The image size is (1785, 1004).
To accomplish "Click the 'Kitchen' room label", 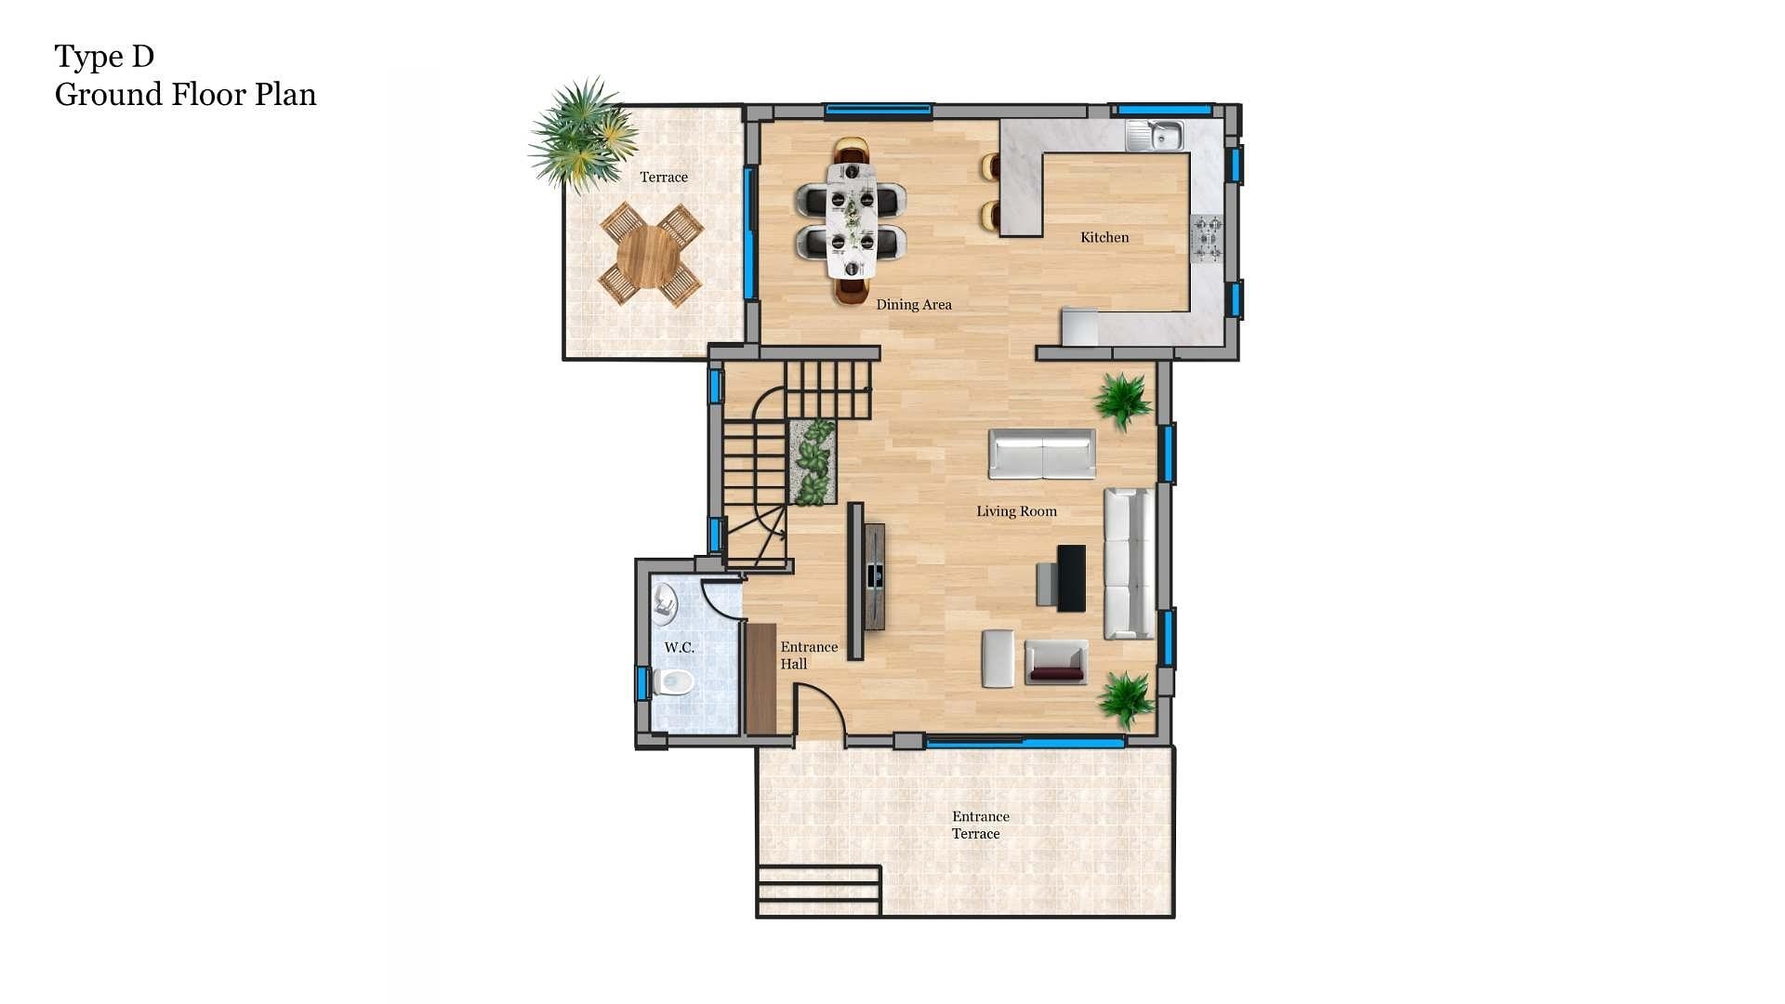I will click(1104, 238).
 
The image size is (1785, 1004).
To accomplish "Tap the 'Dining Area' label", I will click(913, 305).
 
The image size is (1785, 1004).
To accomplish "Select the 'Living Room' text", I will click(1016, 511).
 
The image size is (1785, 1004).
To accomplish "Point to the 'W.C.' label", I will click(679, 648).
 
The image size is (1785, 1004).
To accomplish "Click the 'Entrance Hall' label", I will click(808, 655).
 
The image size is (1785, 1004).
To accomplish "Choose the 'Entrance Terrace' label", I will click(980, 826).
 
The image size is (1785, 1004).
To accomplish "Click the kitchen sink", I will click(1156, 137).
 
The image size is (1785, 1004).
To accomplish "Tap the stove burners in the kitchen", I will click(1208, 239).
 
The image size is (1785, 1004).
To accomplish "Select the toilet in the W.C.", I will click(673, 682).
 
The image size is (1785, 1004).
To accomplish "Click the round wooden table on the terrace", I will click(649, 256).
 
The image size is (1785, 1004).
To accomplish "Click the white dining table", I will click(852, 221).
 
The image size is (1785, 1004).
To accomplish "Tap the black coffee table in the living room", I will click(1071, 578).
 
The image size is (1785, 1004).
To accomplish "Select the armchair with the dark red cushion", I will click(1056, 663).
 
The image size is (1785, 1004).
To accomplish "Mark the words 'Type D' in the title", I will click(104, 57).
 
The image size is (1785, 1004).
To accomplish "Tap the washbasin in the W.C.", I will click(664, 602).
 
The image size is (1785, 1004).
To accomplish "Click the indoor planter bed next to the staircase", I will click(813, 462).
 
